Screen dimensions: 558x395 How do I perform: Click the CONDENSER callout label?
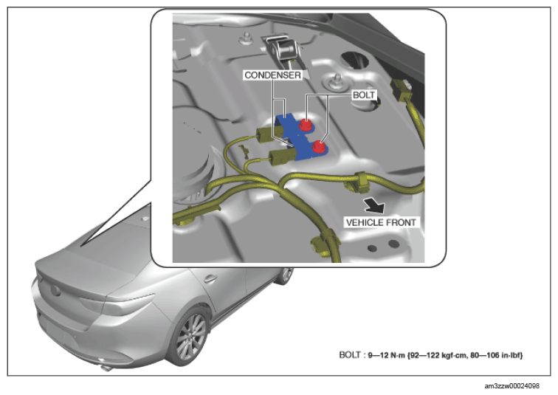(x=272, y=75)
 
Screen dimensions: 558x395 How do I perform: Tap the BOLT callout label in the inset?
(x=364, y=95)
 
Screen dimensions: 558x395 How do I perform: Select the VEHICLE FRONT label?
(x=381, y=222)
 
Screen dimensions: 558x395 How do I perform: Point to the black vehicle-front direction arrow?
(x=374, y=205)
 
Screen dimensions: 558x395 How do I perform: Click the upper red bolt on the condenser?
(x=306, y=125)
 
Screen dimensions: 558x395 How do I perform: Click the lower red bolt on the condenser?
(x=319, y=146)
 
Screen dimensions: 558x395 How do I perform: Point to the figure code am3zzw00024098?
(x=512, y=385)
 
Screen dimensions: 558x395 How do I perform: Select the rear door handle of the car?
(x=210, y=278)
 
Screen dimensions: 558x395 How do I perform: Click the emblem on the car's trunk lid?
(x=55, y=290)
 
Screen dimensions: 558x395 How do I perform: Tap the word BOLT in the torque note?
(x=349, y=355)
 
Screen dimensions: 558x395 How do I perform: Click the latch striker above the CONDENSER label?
(x=283, y=49)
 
